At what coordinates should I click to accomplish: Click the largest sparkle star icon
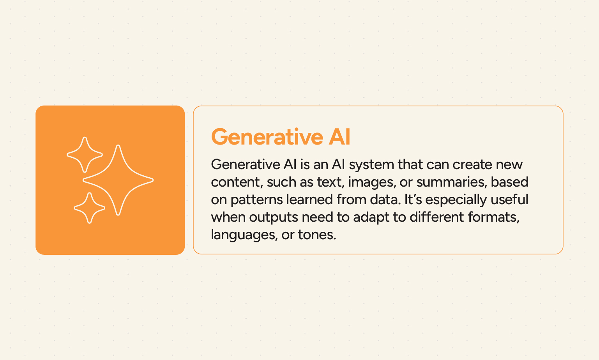118,180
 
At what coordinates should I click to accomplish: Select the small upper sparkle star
85,155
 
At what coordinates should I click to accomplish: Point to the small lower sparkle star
90,208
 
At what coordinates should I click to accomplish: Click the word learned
310,200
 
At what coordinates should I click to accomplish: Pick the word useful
509,200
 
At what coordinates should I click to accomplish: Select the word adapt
372,217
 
